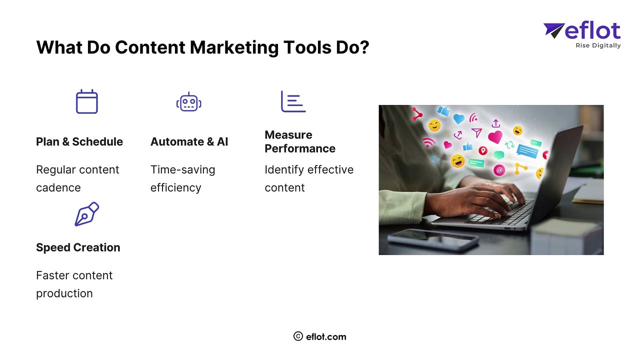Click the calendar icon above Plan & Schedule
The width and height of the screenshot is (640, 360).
click(86, 102)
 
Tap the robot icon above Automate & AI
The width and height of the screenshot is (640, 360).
click(188, 102)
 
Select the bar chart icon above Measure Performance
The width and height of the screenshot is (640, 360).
click(293, 101)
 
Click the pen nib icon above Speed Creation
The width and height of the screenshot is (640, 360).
click(86, 214)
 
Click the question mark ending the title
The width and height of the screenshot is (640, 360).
click(363, 47)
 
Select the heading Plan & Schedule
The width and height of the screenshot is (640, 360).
click(79, 142)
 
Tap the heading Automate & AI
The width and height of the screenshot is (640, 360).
click(189, 142)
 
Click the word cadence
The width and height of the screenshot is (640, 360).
click(58, 188)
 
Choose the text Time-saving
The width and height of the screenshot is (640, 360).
click(182, 170)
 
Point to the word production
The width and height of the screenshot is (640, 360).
click(64, 293)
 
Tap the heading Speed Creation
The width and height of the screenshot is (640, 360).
click(78, 247)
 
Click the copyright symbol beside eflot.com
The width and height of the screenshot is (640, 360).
click(298, 336)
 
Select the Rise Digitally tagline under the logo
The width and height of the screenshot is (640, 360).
click(598, 45)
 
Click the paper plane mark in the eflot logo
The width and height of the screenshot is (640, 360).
click(554, 30)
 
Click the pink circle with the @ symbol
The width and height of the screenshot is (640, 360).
click(499, 170)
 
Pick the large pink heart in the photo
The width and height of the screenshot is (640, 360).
click(495, 137)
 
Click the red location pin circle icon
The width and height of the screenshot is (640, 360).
click(482, 150)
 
